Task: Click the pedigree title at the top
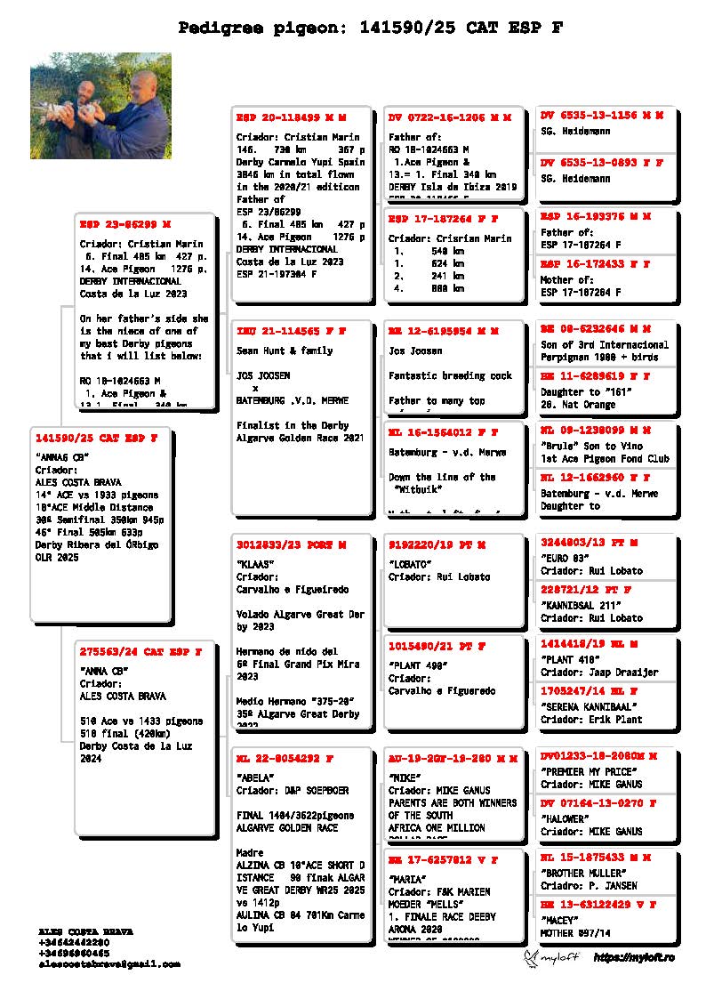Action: [370, 28]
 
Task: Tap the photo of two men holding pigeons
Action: [100, 107]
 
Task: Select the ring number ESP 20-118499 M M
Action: [291, 117]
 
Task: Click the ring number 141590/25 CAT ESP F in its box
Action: [96, 438]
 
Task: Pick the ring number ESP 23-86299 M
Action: [124, 223]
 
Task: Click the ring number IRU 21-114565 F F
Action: [291, 331]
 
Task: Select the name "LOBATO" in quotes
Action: [410, 563]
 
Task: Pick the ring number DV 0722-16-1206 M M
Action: [449, 117]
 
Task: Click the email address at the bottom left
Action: [109, 963]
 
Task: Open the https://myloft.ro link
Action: [633, 957]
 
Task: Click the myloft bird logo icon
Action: [533, 957]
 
